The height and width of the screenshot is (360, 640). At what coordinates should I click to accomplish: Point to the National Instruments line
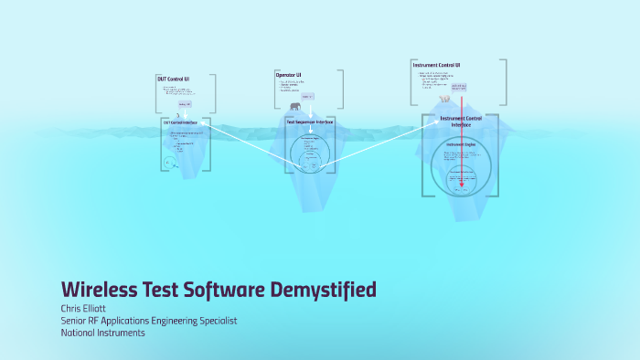pos(102,333)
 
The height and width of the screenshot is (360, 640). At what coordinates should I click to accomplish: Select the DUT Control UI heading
pos(173,79)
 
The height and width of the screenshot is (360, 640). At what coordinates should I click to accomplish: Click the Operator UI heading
pos(289,74)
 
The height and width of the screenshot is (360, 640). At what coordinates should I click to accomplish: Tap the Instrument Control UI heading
pos(436,65)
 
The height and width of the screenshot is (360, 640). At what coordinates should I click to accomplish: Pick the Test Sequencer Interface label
pos(310,121)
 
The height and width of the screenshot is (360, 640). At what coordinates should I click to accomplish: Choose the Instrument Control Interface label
pos(461,122)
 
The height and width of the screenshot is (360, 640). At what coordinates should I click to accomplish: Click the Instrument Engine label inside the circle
pos(461,144)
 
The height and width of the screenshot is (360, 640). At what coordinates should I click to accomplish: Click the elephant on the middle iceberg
pos(296,107)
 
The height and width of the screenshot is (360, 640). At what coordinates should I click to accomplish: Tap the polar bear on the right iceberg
pos(444,99)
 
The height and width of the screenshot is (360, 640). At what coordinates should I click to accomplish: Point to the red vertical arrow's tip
pos(462,185)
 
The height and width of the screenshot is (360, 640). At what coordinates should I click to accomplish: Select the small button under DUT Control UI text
pos(185,104)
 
